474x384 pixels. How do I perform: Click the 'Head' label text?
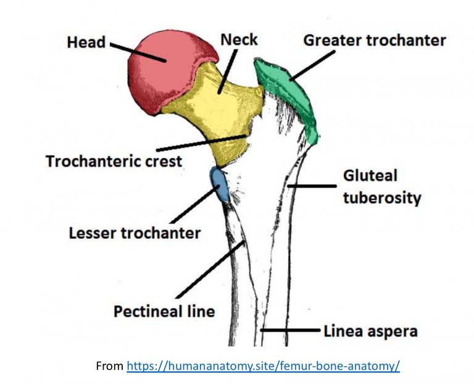(86, 43)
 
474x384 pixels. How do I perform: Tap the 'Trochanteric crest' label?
(115, 162)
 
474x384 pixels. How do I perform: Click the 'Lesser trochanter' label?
(135, 233)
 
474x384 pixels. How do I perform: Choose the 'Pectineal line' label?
(164, 311)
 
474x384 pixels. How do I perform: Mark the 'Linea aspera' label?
(370, 331)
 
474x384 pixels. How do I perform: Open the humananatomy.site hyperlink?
(264, 365)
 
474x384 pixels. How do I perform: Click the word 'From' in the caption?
(110, 365)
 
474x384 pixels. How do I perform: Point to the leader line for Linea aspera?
(290, 331)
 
